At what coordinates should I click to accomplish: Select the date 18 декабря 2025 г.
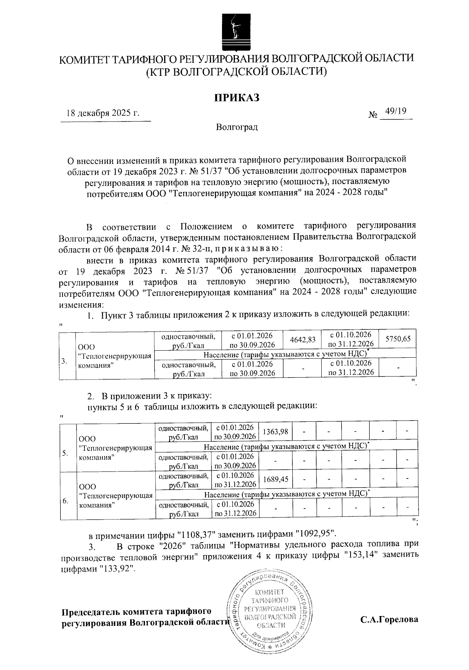point(103,113)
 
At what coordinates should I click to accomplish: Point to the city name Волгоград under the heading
point(237,127)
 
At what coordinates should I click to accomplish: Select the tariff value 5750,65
point(398,339)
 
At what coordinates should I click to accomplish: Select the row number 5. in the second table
point(65,453)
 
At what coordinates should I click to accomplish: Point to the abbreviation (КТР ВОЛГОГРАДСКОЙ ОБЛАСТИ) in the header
point(236,72)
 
